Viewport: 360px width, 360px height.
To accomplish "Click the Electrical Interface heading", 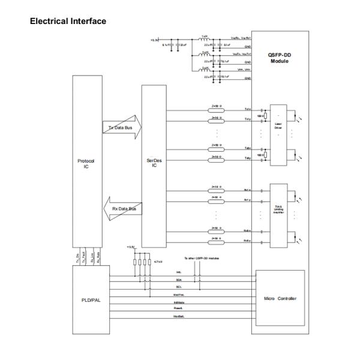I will [x=67, y=22].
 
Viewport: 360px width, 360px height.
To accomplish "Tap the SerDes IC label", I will [x=154, y=164].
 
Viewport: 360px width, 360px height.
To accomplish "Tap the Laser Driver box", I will [x=278, y=126].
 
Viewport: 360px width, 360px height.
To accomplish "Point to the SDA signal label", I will [x=178, y=279].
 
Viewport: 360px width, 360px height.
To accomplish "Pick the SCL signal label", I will [x=178, y=287].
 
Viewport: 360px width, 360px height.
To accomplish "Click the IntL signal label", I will [x=178, y=271].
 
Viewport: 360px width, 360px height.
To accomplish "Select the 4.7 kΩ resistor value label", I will [x=158, y=262].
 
